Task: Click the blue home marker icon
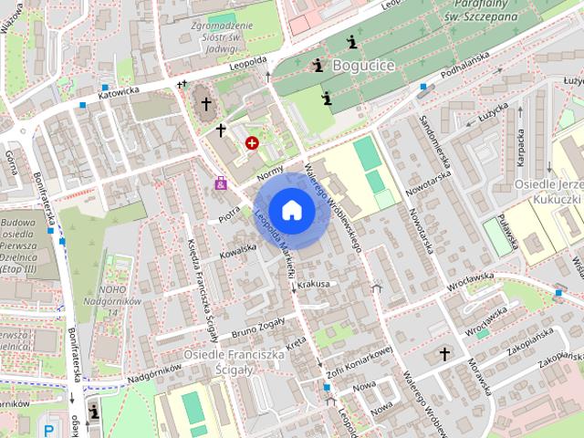tap(292, 210)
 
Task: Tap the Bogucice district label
tap(363, 66)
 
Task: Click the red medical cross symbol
tap(252, 142)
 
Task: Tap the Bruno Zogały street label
tap(259, 327)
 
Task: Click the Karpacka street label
tap(522, 147)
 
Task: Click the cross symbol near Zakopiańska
tap(445, 353)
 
